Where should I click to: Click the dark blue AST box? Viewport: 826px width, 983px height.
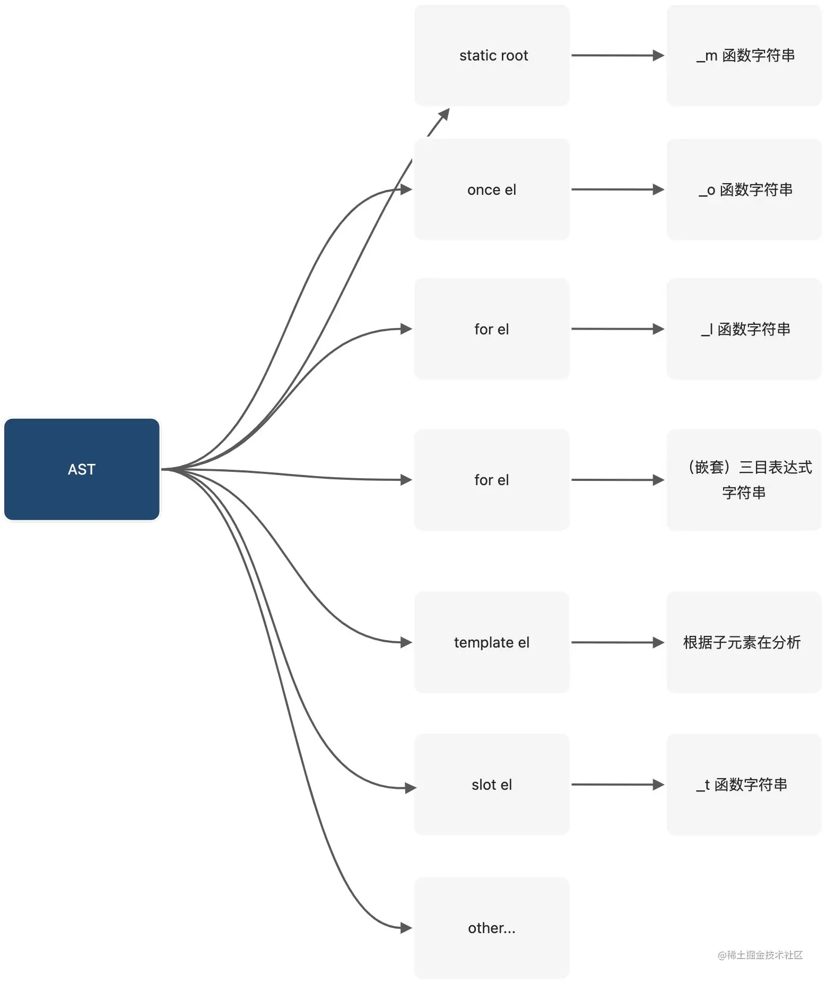(82, 469)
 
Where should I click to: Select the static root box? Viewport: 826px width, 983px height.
(492, 55)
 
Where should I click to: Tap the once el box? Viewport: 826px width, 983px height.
(492, 189)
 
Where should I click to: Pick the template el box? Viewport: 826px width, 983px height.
(492, 642)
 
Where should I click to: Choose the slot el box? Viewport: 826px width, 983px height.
(492, 784)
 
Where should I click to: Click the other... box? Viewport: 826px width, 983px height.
(492, 928)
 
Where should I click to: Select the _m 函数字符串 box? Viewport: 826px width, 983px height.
(744, 55)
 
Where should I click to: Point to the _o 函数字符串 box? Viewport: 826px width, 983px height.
(744, 189)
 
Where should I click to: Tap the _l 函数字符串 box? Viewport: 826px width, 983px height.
(744, 329)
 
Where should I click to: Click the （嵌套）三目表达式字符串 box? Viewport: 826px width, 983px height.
(744, 480)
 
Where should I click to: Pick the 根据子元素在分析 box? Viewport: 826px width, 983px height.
(744, 642)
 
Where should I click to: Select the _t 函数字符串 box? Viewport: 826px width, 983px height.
(744, 784)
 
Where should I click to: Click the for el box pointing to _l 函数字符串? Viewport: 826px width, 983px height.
(492, 329)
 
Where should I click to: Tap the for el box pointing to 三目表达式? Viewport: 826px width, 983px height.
(492, 480)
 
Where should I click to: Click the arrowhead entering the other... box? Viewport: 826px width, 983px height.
(406, 928)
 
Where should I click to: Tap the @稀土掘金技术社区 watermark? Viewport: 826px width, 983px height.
(760, 955)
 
